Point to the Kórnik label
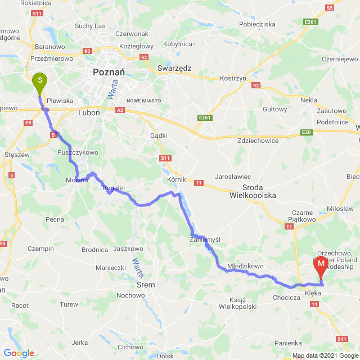click(x=177, y=179)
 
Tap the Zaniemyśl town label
click(x=205, y=239)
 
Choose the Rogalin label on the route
click(x=113, y=189)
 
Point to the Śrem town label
click(x=146, y=285)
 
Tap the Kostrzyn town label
click(x=233, y=78)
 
